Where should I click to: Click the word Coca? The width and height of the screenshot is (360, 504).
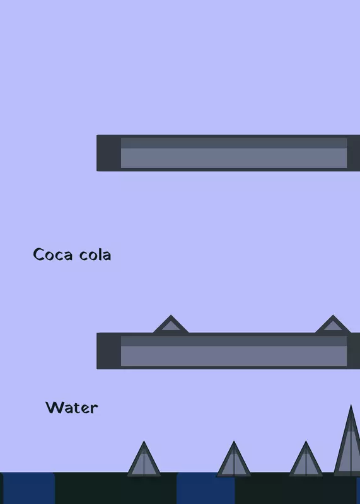pos(53,255)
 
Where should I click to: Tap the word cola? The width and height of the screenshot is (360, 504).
pos(95,255)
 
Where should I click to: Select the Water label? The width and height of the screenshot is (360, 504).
pos(72,408)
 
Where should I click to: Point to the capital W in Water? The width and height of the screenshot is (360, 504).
pos(55,407)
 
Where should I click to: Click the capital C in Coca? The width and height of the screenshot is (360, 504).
pos(38,255)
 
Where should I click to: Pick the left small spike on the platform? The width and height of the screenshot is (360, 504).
pos(171,324)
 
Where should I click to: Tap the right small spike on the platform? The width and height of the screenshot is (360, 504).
pos(333,324)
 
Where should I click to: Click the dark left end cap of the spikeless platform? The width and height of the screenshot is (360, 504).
pos(108,153)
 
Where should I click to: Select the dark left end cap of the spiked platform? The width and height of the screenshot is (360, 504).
pos(108,351)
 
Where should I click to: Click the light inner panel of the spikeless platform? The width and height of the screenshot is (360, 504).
pos(234,153)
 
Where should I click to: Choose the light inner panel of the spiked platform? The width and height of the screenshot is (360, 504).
pos(234,351)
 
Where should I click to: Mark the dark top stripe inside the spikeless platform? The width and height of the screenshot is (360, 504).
pos(234,143)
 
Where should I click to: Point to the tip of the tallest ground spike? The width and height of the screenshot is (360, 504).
pos(351,405)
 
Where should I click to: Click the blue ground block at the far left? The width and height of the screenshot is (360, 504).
pos(28,488)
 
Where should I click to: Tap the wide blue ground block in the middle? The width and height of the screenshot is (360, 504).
pos(206,488)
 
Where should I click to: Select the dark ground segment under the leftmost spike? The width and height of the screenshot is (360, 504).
pos(116,488)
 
